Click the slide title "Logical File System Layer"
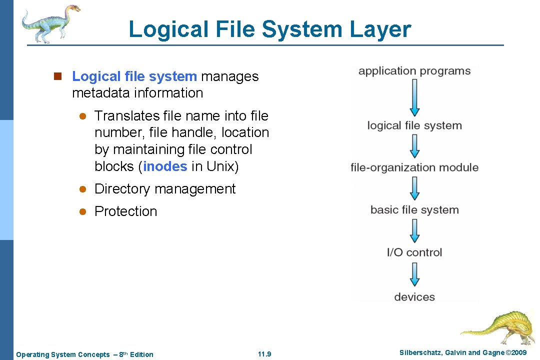[269, 29]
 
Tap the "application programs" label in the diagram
[414, 71]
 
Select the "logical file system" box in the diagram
[414, 125]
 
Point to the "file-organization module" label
[414, 168]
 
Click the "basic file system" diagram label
[414, 210]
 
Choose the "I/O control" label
[414, 252]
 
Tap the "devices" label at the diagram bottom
[414, 297]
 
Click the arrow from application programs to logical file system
[414, 98]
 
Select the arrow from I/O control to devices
[414, 275]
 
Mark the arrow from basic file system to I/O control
[414, 231]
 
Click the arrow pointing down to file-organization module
[414, 147]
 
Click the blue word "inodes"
[165, 166]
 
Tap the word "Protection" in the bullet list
[125, 211]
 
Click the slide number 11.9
[264, 354]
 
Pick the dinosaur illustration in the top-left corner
[50, 22]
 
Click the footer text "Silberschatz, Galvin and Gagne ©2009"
[463, 353]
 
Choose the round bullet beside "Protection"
[83, 212]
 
